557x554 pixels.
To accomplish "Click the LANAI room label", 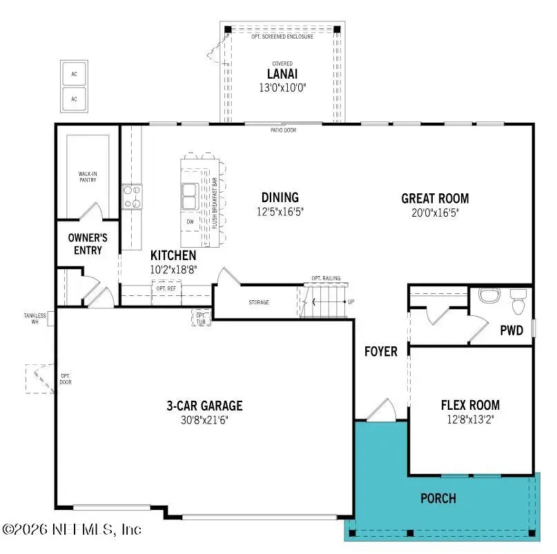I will pyautogui.click(x=282, y=74).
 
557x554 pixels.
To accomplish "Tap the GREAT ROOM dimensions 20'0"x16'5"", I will pyautogui.click(x=435, y=213).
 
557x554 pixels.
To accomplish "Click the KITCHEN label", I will pyautogui.click(x=168, y=256).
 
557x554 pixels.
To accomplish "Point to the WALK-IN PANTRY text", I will pyautogui.click(x=87, y=177).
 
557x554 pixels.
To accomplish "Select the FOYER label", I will pyautogui.click(x=381, y=352).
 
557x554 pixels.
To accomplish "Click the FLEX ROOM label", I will pyautogui.click(x=470, y=405).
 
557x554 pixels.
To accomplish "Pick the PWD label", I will pyautogui.click(x=511, y=330).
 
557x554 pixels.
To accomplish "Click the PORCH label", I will pyautogui.click(x=438, y=498).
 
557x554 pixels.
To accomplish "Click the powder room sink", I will pyautogui.click(x=489, y=296).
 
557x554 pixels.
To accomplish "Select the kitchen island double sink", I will pyautogui.click(x=189, y=196).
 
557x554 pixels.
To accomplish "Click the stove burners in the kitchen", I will pyautogui.click(x=131, y=196).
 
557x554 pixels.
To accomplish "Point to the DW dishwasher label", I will pyautogui.click(x=190, y=221).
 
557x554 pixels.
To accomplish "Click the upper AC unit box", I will pyautogui.click(x=75, y=74).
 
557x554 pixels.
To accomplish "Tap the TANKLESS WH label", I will pyautogui.click(x=35, y=319).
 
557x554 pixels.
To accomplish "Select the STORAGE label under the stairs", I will pyautogui.click(x=259, y=302).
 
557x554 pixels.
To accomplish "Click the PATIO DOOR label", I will pyautogui.click(x=283, y=129).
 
